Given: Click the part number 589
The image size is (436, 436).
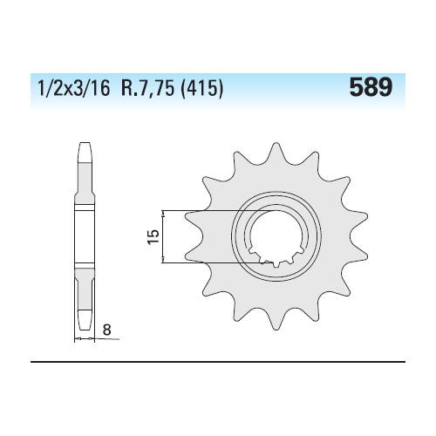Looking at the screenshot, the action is coord(371,87).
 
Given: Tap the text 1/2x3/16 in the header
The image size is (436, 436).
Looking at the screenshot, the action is coord(74,88).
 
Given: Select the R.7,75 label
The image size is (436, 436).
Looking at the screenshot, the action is coord(148,88).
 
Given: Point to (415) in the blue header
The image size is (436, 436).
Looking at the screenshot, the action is coord(202,88).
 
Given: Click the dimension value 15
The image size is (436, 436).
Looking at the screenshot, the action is coord(153,236).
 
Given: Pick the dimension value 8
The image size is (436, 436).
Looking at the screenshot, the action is coord(107,330).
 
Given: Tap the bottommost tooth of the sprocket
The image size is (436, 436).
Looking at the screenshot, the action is coord(275,320).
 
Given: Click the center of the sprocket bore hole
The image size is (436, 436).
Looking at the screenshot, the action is coord(276,236).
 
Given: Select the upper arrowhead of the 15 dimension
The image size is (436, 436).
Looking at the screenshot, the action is coord(163,214).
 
